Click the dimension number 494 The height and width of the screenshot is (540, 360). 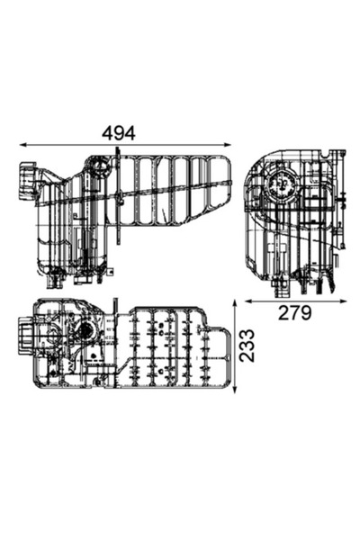(x=118, y=132)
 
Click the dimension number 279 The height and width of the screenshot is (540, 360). (x=294, y=313)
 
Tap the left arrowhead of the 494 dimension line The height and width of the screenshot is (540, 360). (x=22, y=145)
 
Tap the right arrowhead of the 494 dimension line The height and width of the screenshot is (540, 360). (x=230, y=145)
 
